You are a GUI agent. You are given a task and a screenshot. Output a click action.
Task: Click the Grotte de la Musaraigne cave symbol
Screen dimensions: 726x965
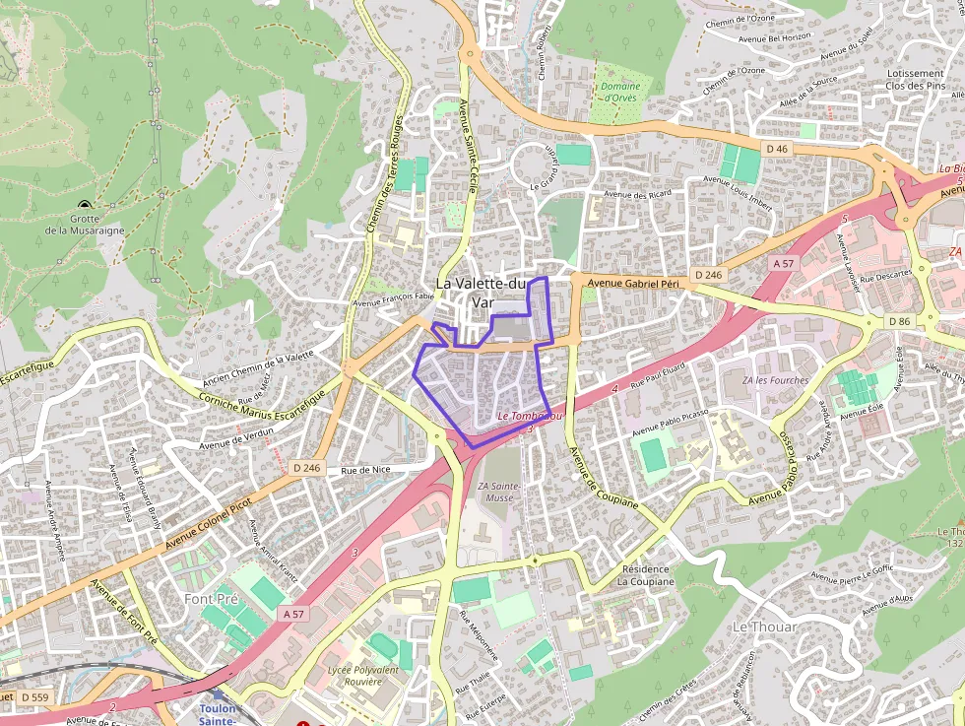83,204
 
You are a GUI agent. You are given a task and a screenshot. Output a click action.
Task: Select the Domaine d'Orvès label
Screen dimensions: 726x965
620,93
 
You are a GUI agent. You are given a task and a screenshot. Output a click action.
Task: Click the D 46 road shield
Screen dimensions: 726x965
777,149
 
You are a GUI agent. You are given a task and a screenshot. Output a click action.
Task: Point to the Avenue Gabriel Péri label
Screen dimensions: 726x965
633,284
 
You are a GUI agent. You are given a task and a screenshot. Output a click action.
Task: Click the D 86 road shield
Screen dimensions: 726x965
899,321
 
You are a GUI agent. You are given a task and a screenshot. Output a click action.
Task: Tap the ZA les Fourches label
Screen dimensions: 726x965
776,380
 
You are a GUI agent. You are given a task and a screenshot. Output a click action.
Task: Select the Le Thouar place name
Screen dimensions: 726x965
765,627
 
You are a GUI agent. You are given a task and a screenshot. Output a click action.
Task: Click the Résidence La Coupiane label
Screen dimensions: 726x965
646,575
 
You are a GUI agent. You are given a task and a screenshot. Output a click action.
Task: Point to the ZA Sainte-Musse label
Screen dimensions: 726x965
498,492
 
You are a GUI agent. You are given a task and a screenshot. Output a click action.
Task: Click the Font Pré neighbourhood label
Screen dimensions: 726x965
212,598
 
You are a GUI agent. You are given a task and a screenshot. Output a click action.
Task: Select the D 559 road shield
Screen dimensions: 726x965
33,697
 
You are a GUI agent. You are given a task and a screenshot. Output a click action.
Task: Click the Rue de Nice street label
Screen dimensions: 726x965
365,470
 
